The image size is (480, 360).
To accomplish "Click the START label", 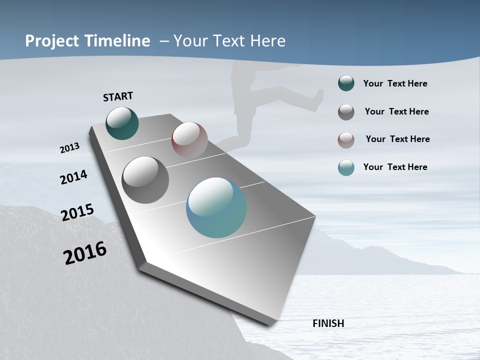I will click(118, 96).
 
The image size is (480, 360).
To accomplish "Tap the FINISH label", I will click(328, 323).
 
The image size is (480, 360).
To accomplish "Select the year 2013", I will click(69, 148).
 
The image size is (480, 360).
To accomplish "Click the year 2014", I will click(73, 177).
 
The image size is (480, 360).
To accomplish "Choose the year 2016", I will click(85, 253).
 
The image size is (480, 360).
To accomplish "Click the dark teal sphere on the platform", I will click(122, 123).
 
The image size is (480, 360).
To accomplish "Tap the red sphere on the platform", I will click(189, 139).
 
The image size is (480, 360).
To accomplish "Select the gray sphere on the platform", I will click(145, 180).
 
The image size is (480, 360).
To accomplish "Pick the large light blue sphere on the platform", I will click(216, 207).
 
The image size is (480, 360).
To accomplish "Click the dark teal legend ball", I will click(346, 83).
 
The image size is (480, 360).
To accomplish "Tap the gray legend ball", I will click(346, 112).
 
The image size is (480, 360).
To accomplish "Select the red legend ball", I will click(346, 140).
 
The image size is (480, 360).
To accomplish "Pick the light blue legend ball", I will click(346, 167).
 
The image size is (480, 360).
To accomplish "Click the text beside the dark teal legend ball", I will click(395, 83).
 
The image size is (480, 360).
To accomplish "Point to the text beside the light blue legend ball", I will click(395, 167).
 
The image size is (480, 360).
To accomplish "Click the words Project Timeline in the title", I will click(87, 41).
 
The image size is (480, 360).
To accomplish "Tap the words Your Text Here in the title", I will click(229, 41).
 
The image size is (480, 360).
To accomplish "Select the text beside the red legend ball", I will click(397, 139).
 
